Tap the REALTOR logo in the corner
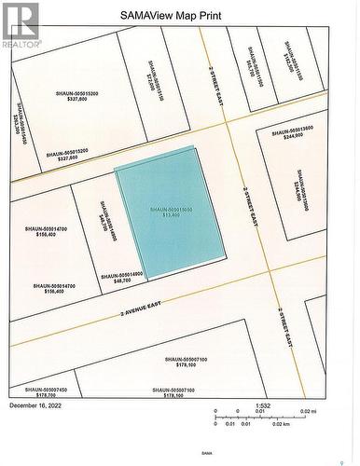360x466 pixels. [x=21, y=25]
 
